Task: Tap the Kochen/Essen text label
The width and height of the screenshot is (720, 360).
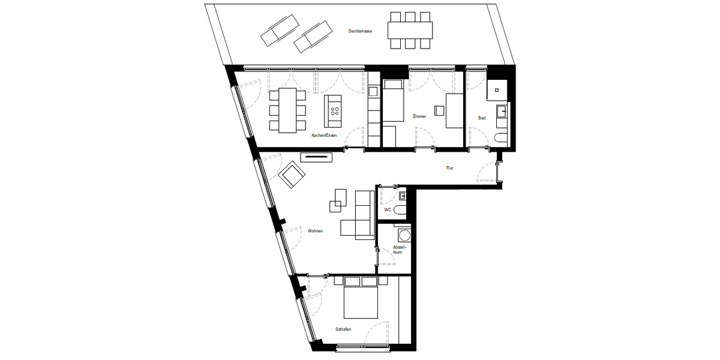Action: (x=324, y=136)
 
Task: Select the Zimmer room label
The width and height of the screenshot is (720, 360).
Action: (x=419, y=116)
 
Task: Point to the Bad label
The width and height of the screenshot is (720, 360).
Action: (x=482, y=118)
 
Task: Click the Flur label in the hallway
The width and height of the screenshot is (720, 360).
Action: (x=449, y=168)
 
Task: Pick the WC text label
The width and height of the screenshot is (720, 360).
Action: (x=388, y=210)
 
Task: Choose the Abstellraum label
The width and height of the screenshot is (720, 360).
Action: (x=400, y=250)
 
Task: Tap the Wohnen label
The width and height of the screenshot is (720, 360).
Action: (x=316, y=230)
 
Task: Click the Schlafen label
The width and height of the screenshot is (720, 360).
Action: (x=343, y=329)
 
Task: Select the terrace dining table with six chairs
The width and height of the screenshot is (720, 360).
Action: (x=410, y=29)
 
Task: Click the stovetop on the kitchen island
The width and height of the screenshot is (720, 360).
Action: (x=335, y=110)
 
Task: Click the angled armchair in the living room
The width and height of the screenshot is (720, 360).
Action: (x=293, y=175)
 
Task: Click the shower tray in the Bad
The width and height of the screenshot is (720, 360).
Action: (x=497, y=89)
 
